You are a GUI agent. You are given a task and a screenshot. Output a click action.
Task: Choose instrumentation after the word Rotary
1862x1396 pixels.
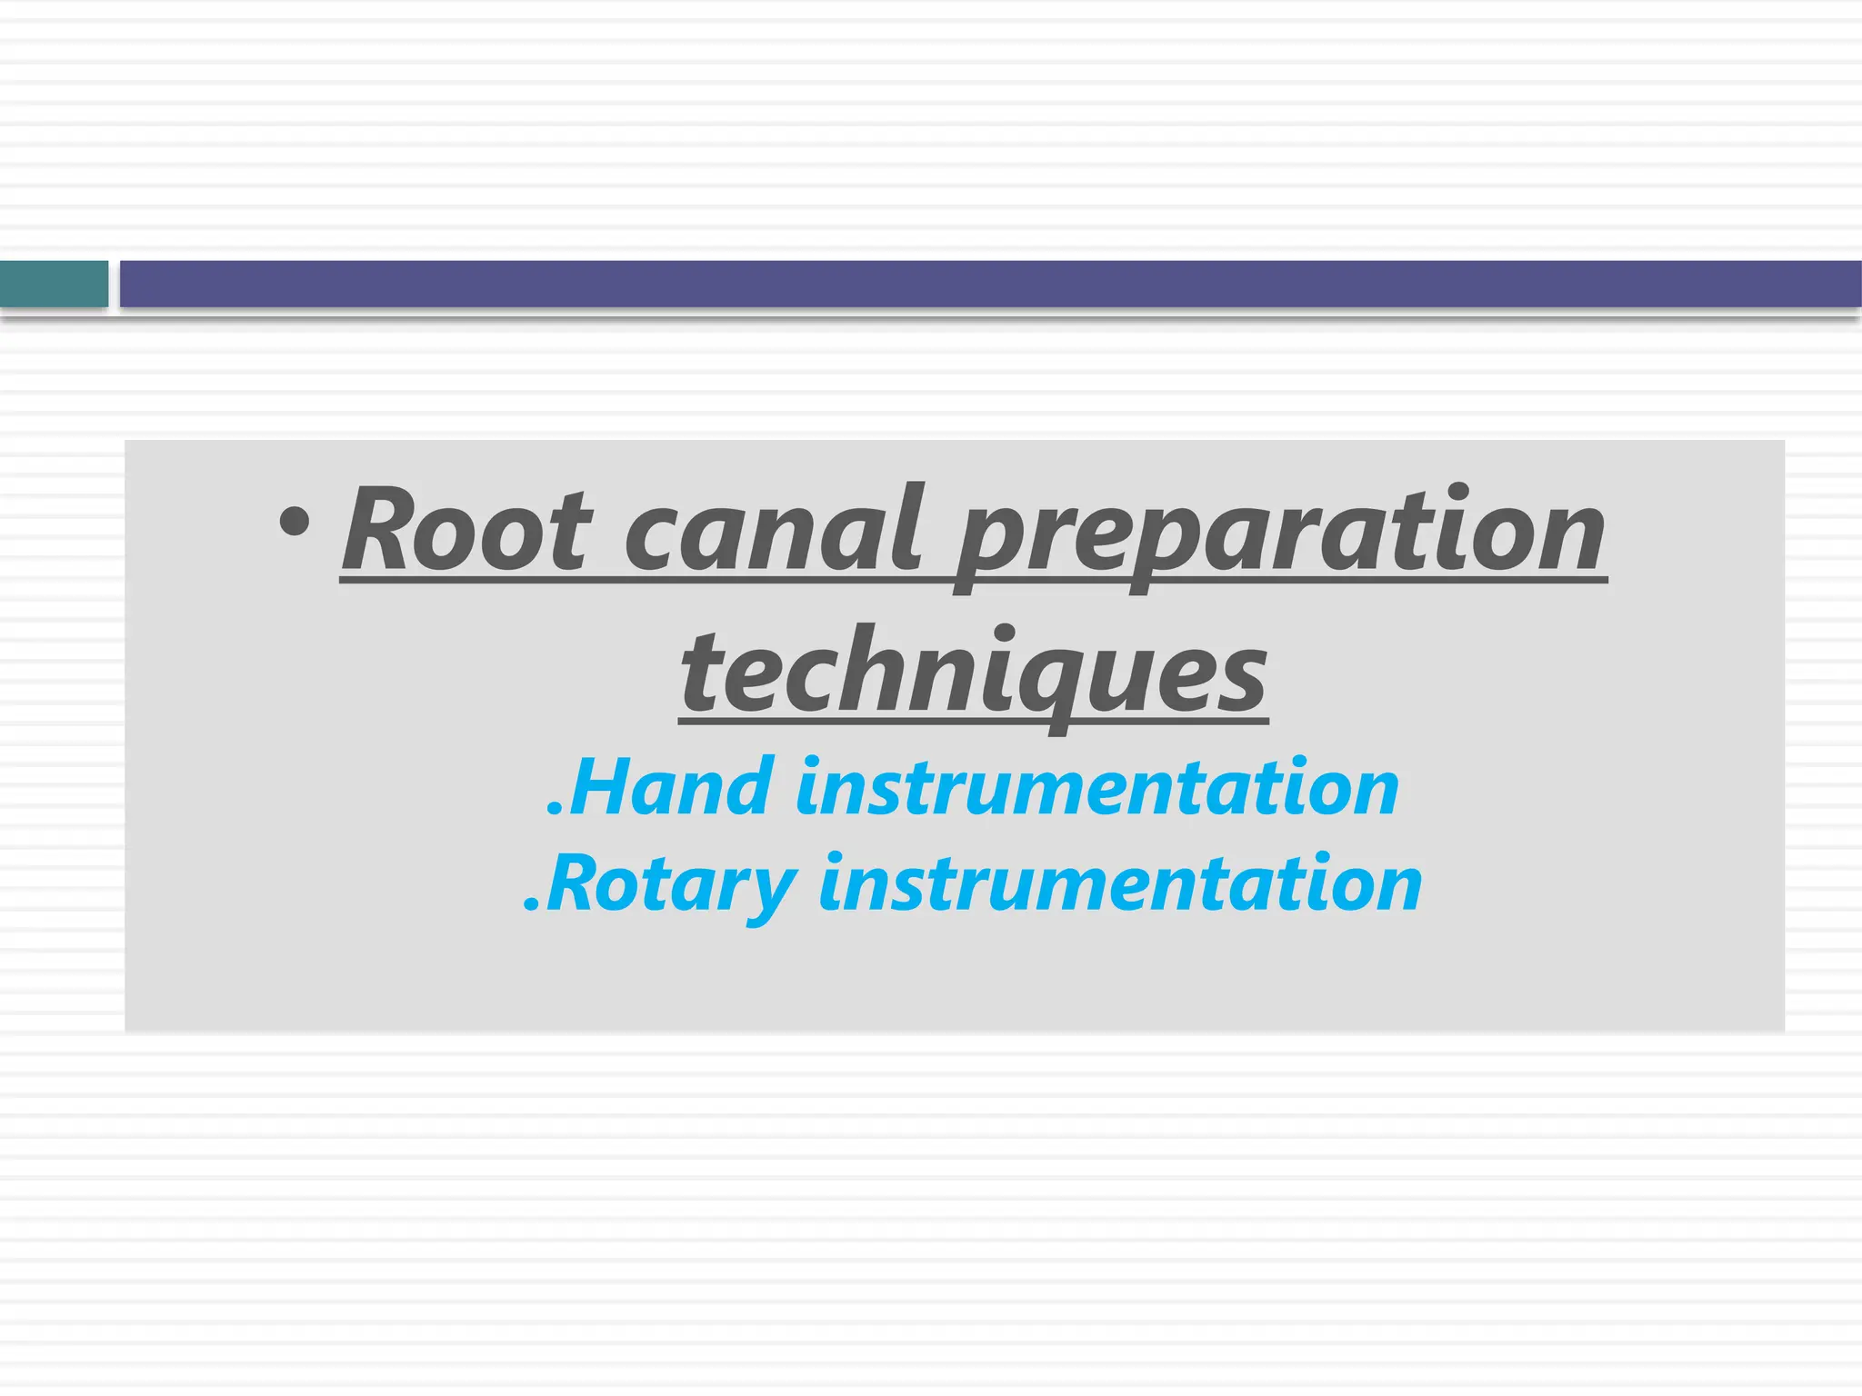1120,884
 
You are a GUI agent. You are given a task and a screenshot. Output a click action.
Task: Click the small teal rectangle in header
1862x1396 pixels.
54,284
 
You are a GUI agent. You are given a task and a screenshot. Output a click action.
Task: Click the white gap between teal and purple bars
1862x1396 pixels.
115,284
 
